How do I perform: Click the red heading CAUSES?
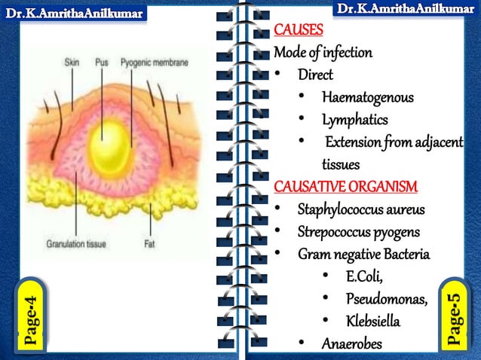[299, 31]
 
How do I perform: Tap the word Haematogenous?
[367, 97]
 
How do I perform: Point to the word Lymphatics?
[354, 120]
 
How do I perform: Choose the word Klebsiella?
[373, 322]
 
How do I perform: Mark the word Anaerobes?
[352, 344]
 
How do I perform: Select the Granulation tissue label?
[76, 244]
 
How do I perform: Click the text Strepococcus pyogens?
[358, 231]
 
